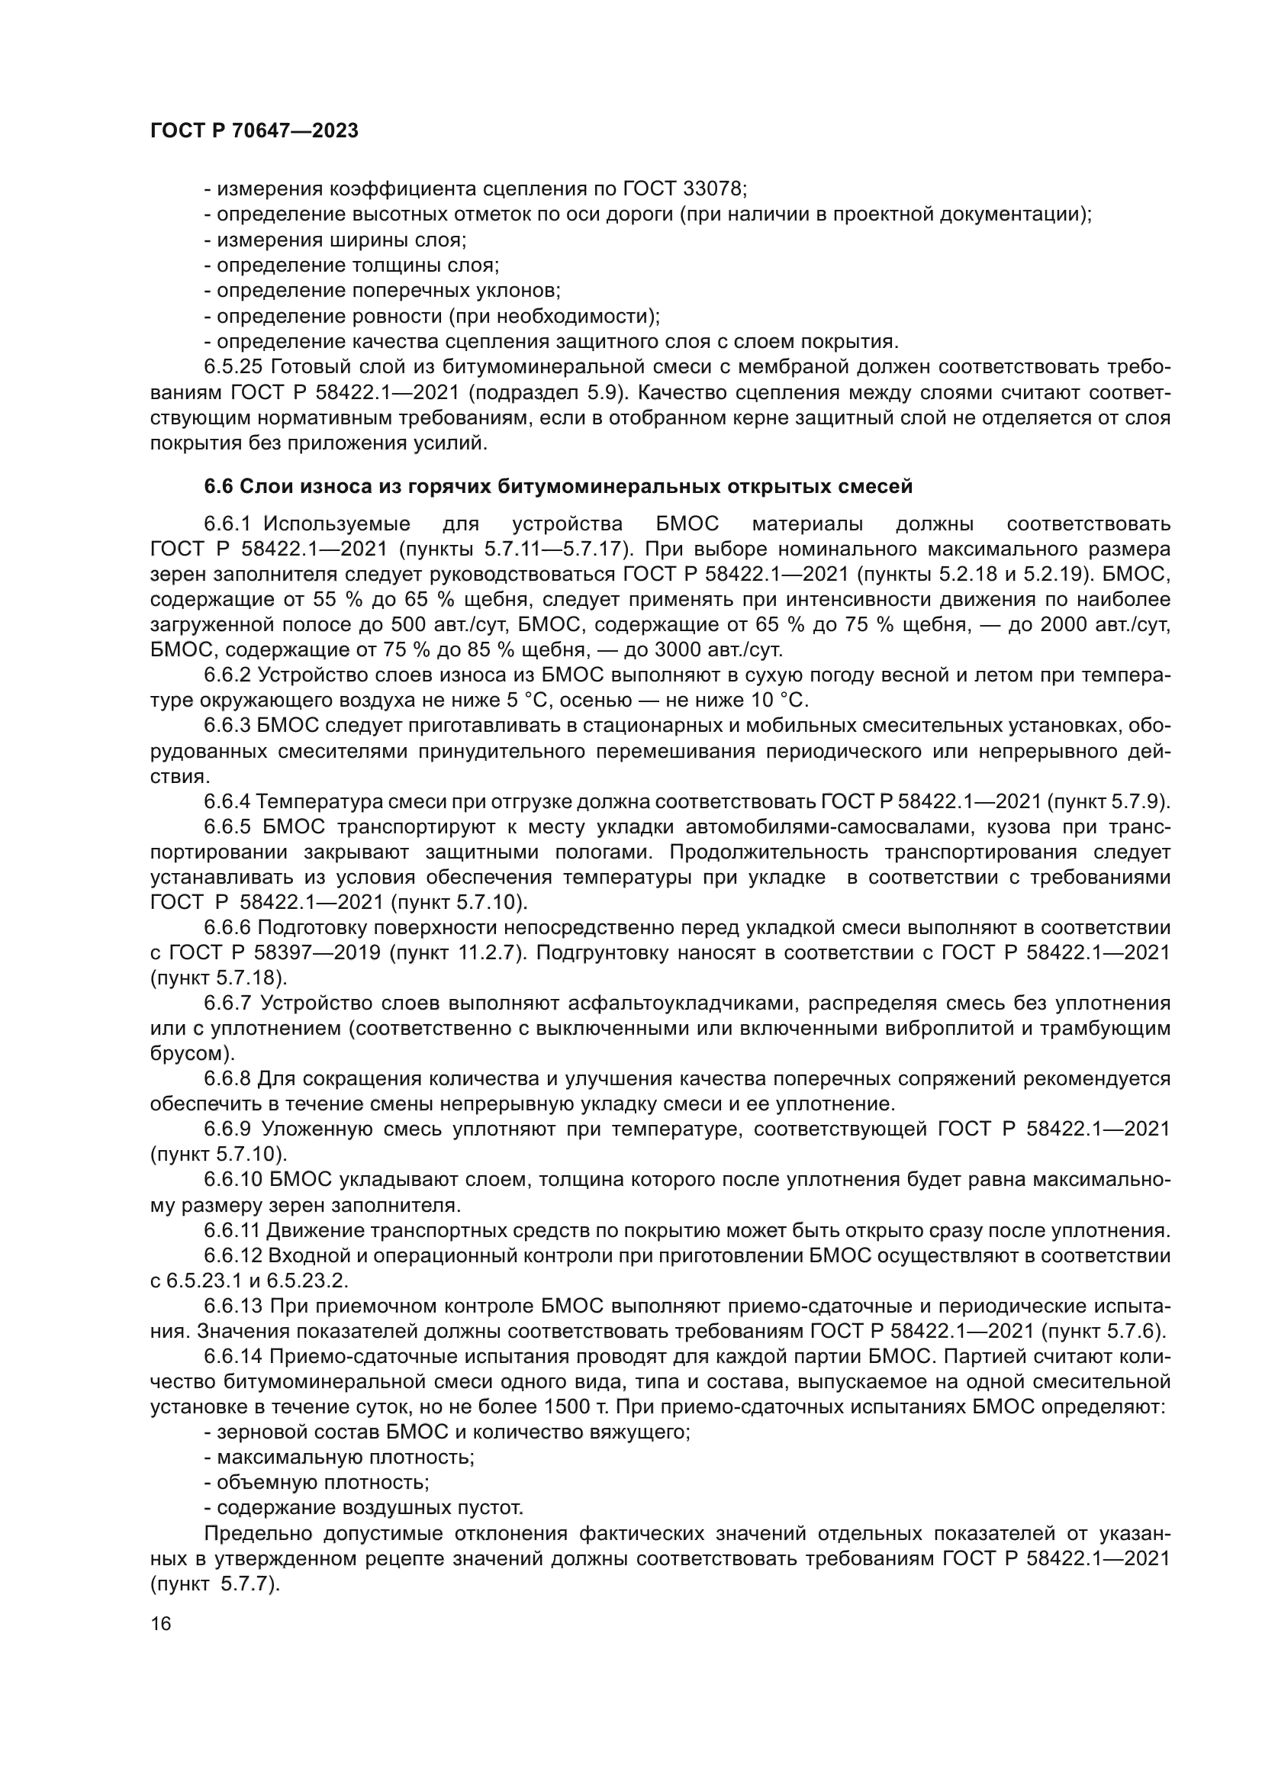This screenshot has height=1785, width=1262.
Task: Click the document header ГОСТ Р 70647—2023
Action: coord(254,131)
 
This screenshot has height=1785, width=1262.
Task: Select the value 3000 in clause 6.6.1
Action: coord(681,649)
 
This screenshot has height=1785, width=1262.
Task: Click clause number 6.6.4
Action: coord(227,801)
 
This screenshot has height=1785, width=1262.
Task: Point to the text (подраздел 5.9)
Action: coord(551,392)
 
